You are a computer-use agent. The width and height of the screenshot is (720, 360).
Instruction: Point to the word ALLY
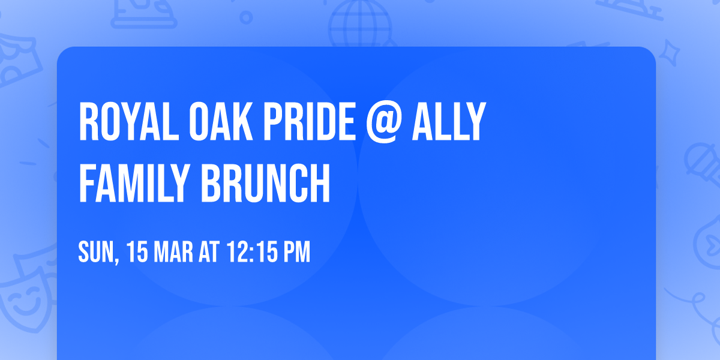pos(447,122)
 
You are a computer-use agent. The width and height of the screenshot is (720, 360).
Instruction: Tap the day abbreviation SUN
pos(95,253)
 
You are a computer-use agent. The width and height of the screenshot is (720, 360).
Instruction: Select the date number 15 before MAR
pos(137,253)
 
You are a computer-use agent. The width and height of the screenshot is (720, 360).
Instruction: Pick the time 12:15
pos(251,253)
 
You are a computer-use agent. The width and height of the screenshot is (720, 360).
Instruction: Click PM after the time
pos(297,253)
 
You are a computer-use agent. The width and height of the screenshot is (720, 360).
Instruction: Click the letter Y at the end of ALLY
pos(474,122)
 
